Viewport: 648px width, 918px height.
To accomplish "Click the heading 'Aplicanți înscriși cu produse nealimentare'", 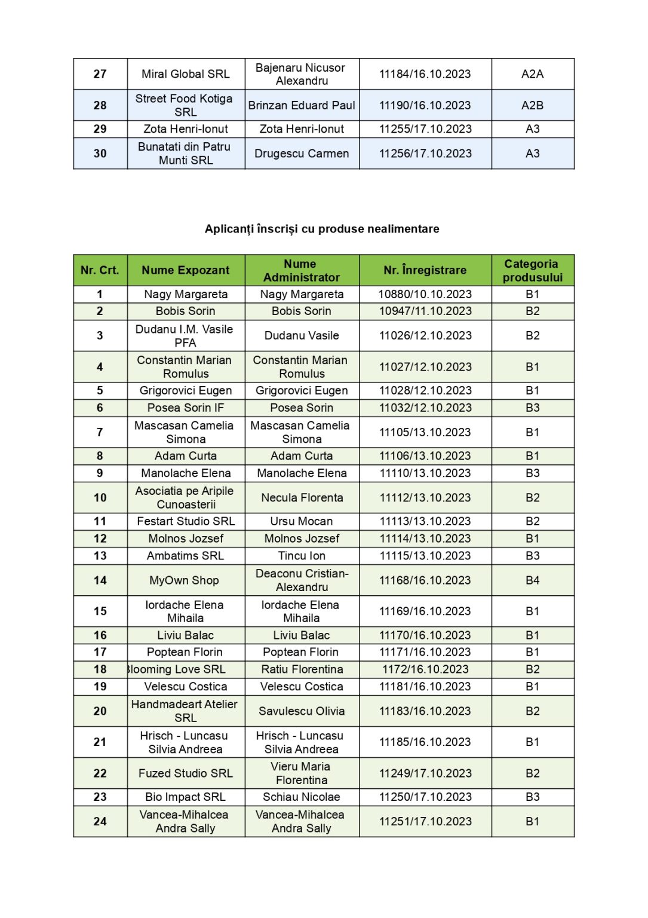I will pyautogui.click(x=322, y=229).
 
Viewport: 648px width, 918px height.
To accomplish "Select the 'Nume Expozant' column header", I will pyautogui.click(x=185, y=270).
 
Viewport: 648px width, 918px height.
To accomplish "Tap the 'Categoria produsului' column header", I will pyautogui.click(x=532, y=270).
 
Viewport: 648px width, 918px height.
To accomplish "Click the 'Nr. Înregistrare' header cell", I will pyautogui.click(x=425, y=270).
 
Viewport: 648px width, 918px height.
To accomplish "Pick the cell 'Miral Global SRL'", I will pyautogui.click(x=185, y=74).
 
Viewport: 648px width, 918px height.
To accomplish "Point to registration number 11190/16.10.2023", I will pyautogui.click(x=425, y=105).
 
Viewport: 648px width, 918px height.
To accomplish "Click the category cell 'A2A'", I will pyautogui.click(x=532, y=74).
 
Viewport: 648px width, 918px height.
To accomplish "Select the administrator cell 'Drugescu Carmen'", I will pyautogui.click(x=302, y=154).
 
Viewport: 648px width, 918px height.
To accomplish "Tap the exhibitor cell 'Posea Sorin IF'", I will pyautogui.click(x=185, y=408).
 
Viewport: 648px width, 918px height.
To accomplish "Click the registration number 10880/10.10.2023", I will pyautogui.click(x=425, y=294).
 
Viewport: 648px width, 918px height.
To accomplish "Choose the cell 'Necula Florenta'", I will pyautogui.click(x=302, y=497).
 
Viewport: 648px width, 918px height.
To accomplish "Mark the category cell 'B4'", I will pyautogui.click(x=532, y=580).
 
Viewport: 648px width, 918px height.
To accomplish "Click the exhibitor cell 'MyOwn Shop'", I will pyautogui.click(x=184, y=580).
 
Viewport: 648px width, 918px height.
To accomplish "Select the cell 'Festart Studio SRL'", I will pyautogui.click(x=185, y=521).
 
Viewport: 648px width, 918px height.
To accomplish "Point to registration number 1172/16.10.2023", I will pyautogui.click(x=425, y=669).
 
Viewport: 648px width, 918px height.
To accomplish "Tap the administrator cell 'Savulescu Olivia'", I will pyautogui.click(x=302, y=711).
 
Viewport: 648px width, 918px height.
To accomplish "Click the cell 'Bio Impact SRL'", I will pyautogui.click(x=185, y=797).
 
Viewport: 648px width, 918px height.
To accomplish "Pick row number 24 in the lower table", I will pyautogui.click(x=100, y=821).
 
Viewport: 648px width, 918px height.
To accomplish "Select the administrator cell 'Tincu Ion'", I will pyautogui.click(x=302, y=556).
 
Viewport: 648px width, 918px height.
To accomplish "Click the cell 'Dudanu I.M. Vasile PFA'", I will pyautogui.click(x=185, y=336).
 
